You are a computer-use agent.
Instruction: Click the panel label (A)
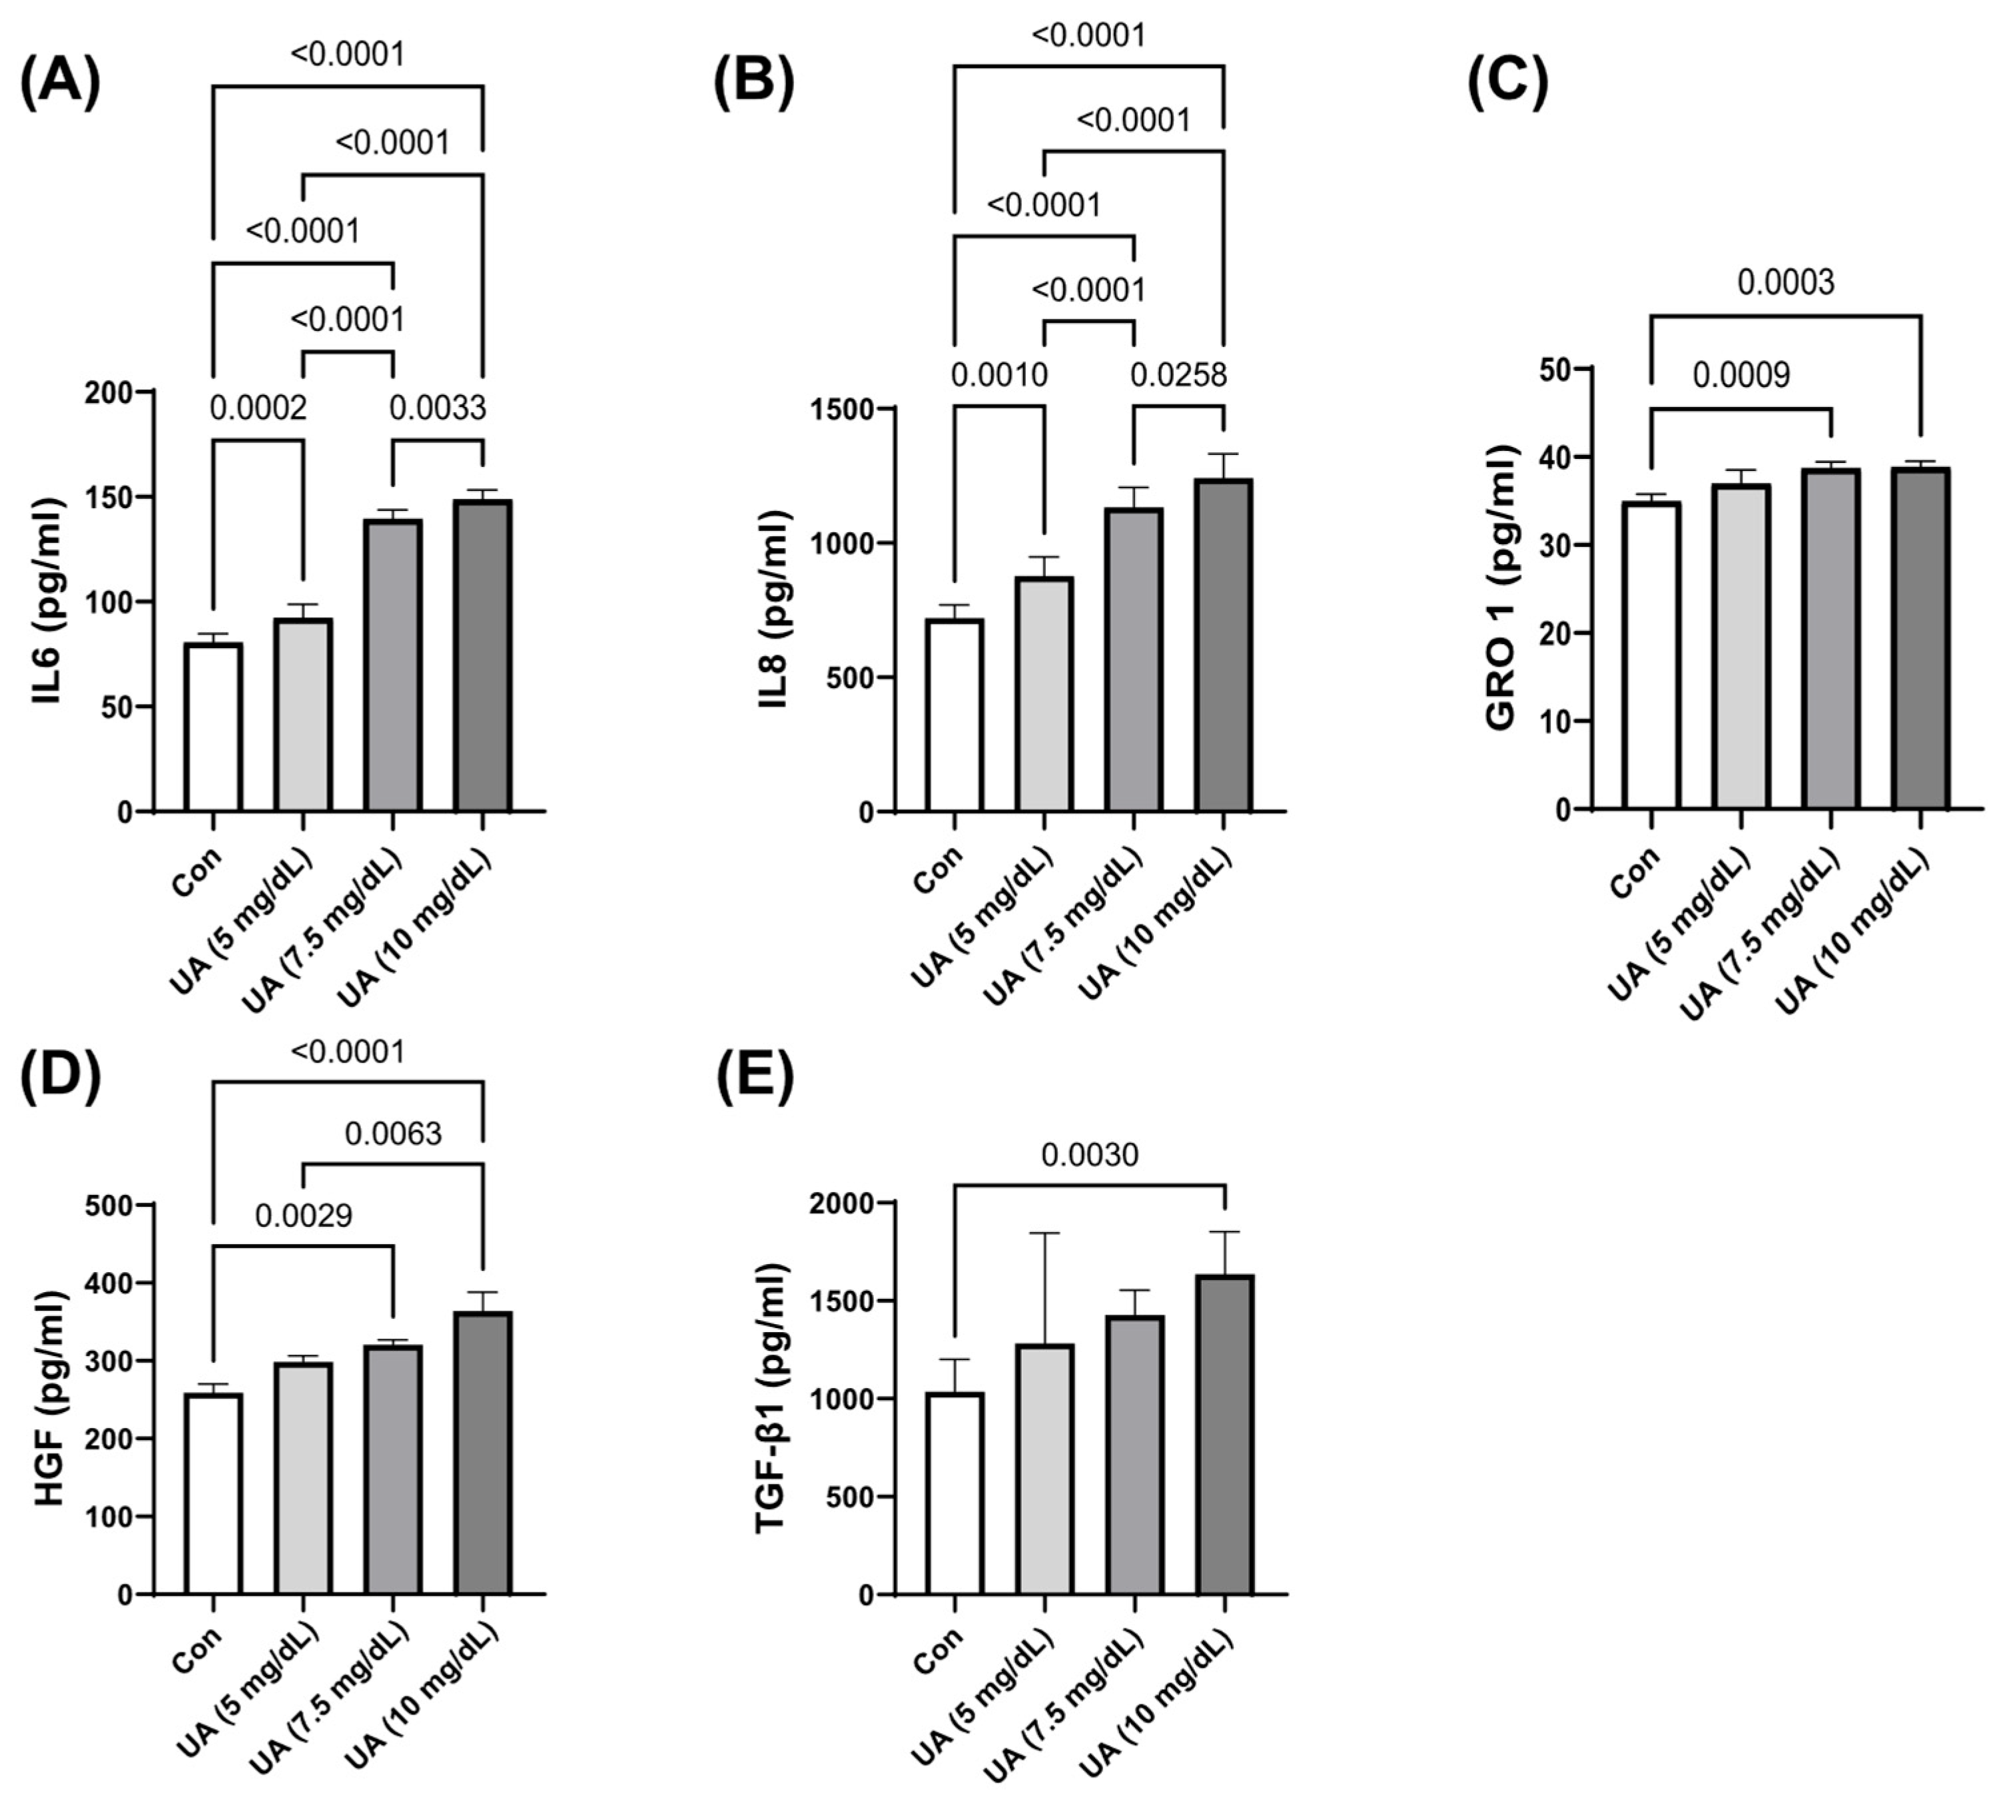coord(61,83)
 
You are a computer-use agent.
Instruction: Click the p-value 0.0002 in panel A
coord(258,407)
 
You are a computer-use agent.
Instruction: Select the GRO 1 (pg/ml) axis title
coord(1500,587)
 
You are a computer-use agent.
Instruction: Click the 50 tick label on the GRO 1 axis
coord(1554,369)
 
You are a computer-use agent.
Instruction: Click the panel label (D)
coord(61,1078)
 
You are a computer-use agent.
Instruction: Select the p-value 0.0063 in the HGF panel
coord(392,1133)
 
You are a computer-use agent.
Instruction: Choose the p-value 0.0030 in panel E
coord(1090,1154)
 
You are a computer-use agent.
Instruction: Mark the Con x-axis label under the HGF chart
coord(198,1648)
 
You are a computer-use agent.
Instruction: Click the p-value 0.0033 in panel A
coord(437,407)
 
